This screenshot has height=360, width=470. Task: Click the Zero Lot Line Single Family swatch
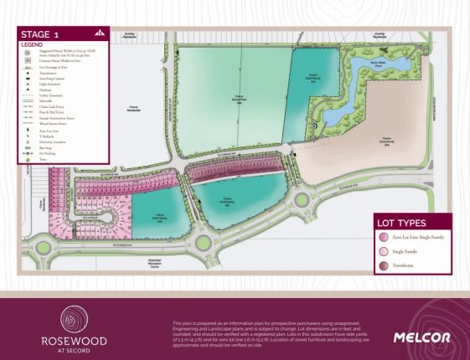[x=385, y=238]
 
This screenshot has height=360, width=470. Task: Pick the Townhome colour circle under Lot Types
[x=385, y=265]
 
